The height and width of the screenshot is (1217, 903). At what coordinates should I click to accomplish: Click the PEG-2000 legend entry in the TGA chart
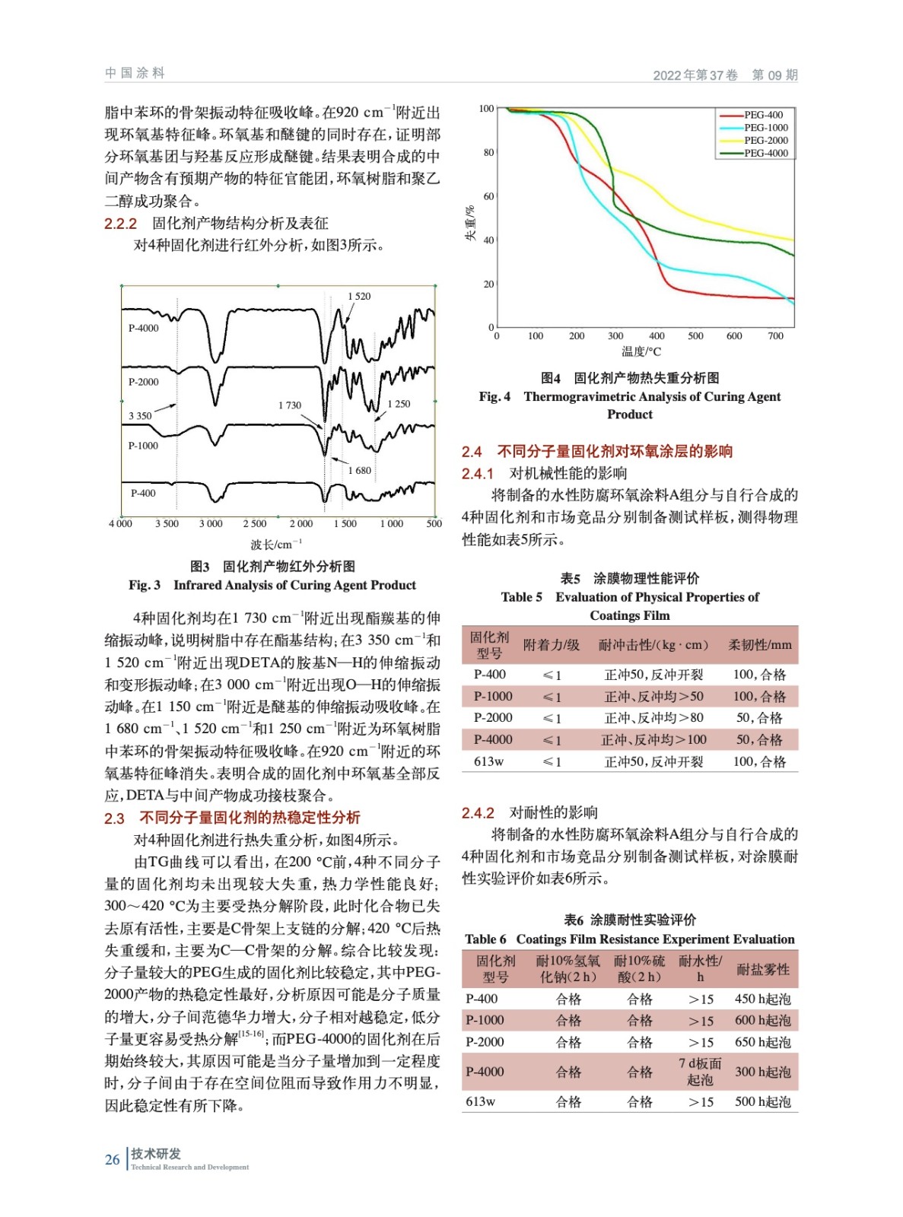[765, 141]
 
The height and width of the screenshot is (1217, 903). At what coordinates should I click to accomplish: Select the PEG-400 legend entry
[763, 116]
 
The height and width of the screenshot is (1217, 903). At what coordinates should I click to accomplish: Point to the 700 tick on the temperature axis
[775, 336]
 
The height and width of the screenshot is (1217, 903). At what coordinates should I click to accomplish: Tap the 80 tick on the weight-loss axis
[488, 153]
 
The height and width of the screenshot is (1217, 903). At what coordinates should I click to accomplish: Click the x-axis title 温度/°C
[641, 351]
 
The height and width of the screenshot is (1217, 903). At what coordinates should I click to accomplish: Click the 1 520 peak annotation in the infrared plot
[359, 297]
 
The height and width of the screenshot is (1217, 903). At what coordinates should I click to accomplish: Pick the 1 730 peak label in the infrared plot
[289, 405]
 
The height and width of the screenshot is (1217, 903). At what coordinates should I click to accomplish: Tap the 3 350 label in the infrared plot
[140, 416]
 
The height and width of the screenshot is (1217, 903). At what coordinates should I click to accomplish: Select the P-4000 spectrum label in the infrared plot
[143, 329]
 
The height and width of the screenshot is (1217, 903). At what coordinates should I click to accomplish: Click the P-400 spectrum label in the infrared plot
[142, 493]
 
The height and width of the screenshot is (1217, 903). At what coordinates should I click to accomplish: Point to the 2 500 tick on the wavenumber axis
[255, 524]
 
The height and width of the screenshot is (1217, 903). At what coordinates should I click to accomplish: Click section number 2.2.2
[120, 224]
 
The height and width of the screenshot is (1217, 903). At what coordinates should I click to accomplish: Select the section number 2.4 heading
[472, 452]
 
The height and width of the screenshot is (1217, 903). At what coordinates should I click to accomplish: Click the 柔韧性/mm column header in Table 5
[759, 645]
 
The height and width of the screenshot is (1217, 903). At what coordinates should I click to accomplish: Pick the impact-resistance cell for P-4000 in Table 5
[653, 739]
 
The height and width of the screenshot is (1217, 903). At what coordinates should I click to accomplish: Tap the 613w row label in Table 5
[488, 761]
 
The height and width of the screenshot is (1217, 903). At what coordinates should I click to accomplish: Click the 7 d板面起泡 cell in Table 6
[700, 1072]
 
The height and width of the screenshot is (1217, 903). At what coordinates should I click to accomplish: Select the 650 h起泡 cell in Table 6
[762, 1042]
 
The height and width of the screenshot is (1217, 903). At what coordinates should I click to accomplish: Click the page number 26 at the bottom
[113, 1159]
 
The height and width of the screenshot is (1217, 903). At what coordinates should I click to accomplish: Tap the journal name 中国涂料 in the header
[135, 73]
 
